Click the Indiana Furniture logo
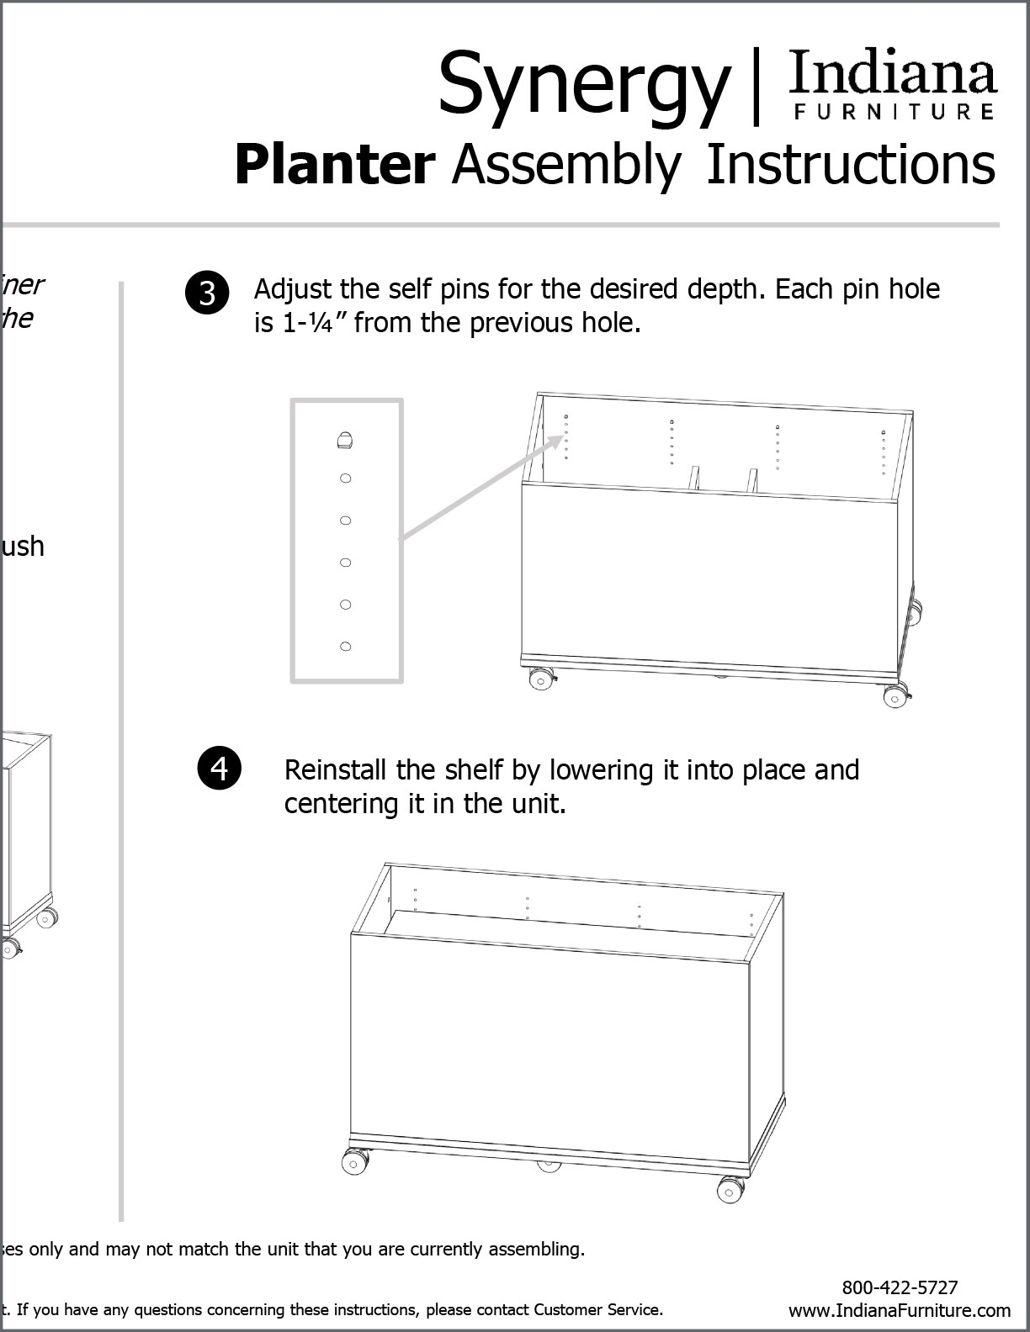point(893,85)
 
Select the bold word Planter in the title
point(334,165)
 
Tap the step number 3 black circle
point(207,293)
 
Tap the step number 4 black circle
point(220,769)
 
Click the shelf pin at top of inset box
point(345,439)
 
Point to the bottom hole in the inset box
point(345,646)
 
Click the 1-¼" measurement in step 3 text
point(306,323)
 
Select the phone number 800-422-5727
point(900,1287)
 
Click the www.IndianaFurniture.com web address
point(900,1310)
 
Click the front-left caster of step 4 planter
point(353,1162)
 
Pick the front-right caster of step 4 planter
point(729,1189)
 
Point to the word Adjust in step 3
point(291,289)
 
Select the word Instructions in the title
point(850,165)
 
